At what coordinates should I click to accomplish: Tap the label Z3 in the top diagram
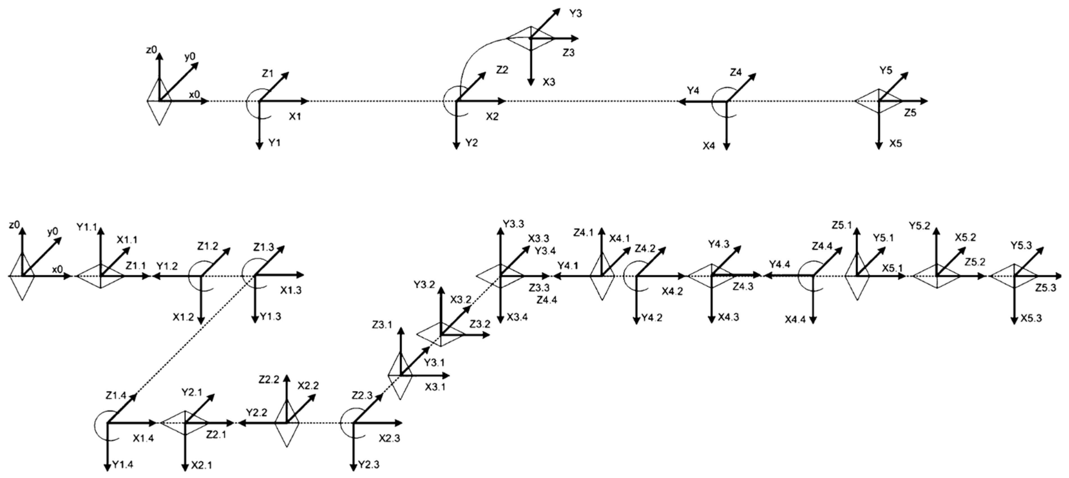tap(568, 53)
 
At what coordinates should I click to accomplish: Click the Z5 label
tap(910, 113)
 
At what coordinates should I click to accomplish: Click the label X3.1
tap(435, 387)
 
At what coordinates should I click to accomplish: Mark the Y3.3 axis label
tap(513, 224)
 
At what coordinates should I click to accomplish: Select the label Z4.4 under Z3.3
tap(547, 300)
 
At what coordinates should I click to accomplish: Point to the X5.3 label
tap(1031, 318)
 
